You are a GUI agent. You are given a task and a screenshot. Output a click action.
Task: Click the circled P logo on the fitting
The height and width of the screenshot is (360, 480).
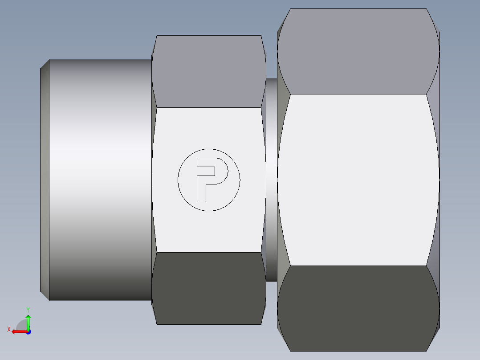(x=209, y=180)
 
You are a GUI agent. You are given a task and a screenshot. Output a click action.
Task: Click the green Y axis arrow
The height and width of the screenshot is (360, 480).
(x=28, y=322)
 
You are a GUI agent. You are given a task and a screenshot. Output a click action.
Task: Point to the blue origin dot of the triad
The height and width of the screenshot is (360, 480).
(x=28, y=331)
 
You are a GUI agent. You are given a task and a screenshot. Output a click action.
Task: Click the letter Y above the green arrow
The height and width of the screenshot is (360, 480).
(x=28, y=309)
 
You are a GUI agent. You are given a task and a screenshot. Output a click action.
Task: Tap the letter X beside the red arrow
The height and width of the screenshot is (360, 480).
(x=8, y=329)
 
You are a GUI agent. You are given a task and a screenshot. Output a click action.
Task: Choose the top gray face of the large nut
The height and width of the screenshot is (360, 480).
(x=356, y=51)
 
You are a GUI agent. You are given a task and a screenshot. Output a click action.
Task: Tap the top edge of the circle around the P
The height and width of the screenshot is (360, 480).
(x=209, y=149)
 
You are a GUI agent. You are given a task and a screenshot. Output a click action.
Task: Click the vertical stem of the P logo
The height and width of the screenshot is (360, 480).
(x=201, y=189)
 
